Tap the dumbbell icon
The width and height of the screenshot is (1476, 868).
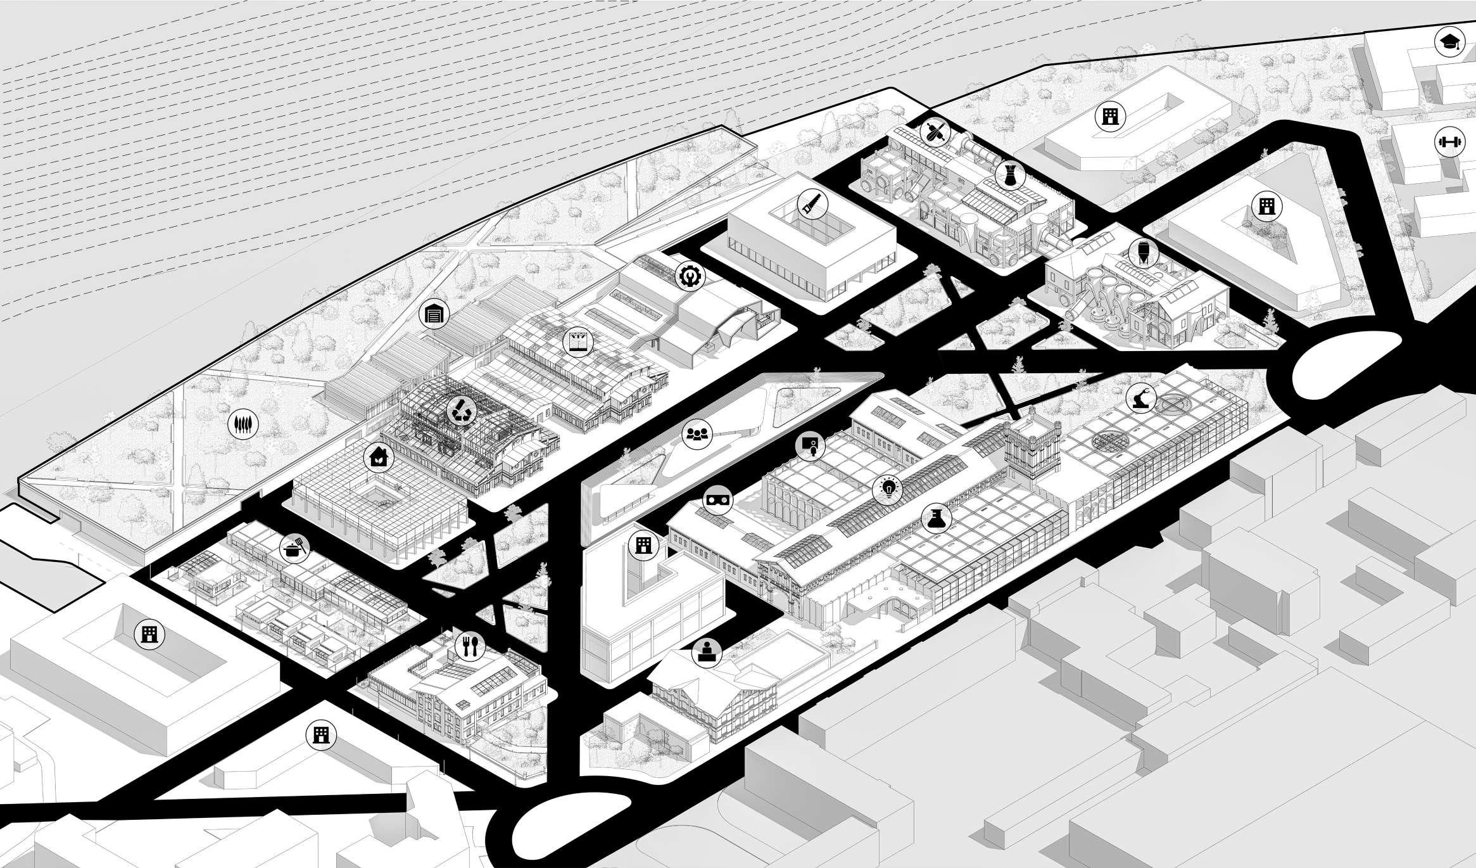click(x=1450, y=142)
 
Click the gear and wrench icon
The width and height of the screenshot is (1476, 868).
click(x=688, y=276)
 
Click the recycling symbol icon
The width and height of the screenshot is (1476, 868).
click(x=459, y=411)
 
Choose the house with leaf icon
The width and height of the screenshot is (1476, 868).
click(x=379, y=456)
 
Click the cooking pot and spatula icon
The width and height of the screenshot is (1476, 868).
click(x=295, y=547)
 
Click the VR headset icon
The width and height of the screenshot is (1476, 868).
click(x=718, y=499)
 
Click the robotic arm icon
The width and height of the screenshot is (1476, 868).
click(x=1142, y=399)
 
